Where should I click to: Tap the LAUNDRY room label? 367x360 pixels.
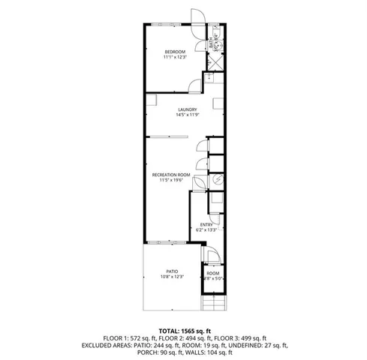pos(176,109)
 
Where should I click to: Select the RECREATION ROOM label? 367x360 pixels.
pos(173,174)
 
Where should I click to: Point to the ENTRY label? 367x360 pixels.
pos(206,224)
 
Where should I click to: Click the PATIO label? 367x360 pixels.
pos(173,271)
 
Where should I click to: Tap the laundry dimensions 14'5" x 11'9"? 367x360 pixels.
pos(176,115)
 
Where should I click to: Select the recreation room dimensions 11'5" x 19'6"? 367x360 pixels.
pos(173,180)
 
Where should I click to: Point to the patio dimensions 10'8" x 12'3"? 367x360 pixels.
pos(173,277)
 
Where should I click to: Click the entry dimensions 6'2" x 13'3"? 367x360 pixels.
pos(207,230)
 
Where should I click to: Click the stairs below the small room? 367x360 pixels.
pos(213,303)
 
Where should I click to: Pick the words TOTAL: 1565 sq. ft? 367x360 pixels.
pos(183,330)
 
